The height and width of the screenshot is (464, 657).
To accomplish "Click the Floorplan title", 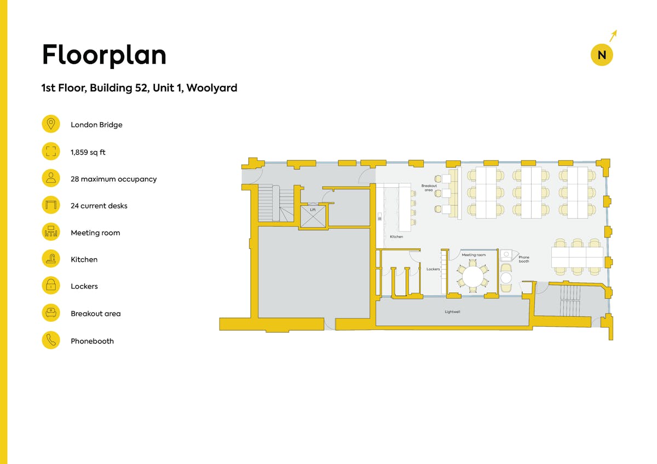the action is coord(104,55).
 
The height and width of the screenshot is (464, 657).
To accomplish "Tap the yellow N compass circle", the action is coord(602,55).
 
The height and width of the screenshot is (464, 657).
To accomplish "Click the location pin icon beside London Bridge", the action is coord(51,124).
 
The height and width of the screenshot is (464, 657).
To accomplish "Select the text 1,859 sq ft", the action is coord(88,152).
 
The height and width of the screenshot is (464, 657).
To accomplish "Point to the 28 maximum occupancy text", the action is coord(113,179).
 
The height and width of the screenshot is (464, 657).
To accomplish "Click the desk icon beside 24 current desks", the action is coord(51,205).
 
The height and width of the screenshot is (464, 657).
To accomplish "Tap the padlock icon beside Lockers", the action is coord(51,286).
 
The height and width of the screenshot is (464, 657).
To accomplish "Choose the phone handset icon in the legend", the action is coord(51,340).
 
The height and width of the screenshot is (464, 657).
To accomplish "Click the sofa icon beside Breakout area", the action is coord(51,313).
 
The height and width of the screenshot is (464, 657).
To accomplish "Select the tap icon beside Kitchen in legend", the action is coord(51,258).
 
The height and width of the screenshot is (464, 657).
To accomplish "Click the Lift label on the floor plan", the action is coord(313,210).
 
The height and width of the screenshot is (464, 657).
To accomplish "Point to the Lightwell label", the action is coord(452,311).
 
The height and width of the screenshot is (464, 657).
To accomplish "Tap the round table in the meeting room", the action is coord(473,277).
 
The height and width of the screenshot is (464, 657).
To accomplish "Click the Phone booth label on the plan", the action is coord(524,259).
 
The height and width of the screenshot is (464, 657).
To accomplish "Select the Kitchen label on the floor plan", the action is coord(396,236).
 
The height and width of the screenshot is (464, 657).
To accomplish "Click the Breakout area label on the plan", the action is coord(429,188).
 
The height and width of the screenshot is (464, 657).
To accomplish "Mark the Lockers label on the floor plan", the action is coord(433,269).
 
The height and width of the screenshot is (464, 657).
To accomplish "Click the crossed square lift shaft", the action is coord(313,216).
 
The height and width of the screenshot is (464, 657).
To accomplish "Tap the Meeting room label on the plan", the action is coord(474,255).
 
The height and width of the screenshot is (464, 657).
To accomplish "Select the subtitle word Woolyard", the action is coord(212,88).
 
